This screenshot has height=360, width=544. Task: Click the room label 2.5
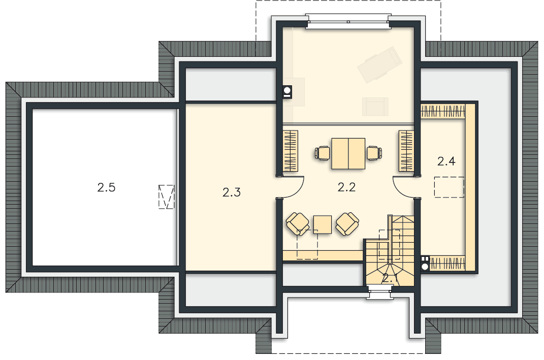point(106,188)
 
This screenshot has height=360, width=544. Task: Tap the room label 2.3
point(232,192)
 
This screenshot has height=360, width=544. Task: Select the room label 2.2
point(346,187)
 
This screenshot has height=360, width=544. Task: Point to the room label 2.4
point(446,161)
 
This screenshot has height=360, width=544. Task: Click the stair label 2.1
point(390,278)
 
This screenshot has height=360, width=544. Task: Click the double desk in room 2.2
point(348,154)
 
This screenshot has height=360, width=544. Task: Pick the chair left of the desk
point(323,153)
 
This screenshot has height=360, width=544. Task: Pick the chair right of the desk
point(374,153)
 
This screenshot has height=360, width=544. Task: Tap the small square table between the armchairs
point(323,224)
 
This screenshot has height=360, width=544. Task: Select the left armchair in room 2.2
point(298,224)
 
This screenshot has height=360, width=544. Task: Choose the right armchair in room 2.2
point(347,224)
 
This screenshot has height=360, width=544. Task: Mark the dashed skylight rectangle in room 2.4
point(450,187)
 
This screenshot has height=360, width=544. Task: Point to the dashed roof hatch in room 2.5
point(166,197)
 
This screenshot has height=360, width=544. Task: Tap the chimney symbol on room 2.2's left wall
point(287,91)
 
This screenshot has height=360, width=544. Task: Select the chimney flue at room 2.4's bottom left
point(425,263)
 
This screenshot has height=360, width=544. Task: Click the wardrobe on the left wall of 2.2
point(291,151)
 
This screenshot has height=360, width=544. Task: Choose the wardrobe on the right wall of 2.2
point(406,151)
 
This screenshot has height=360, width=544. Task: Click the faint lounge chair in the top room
point(379,65)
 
